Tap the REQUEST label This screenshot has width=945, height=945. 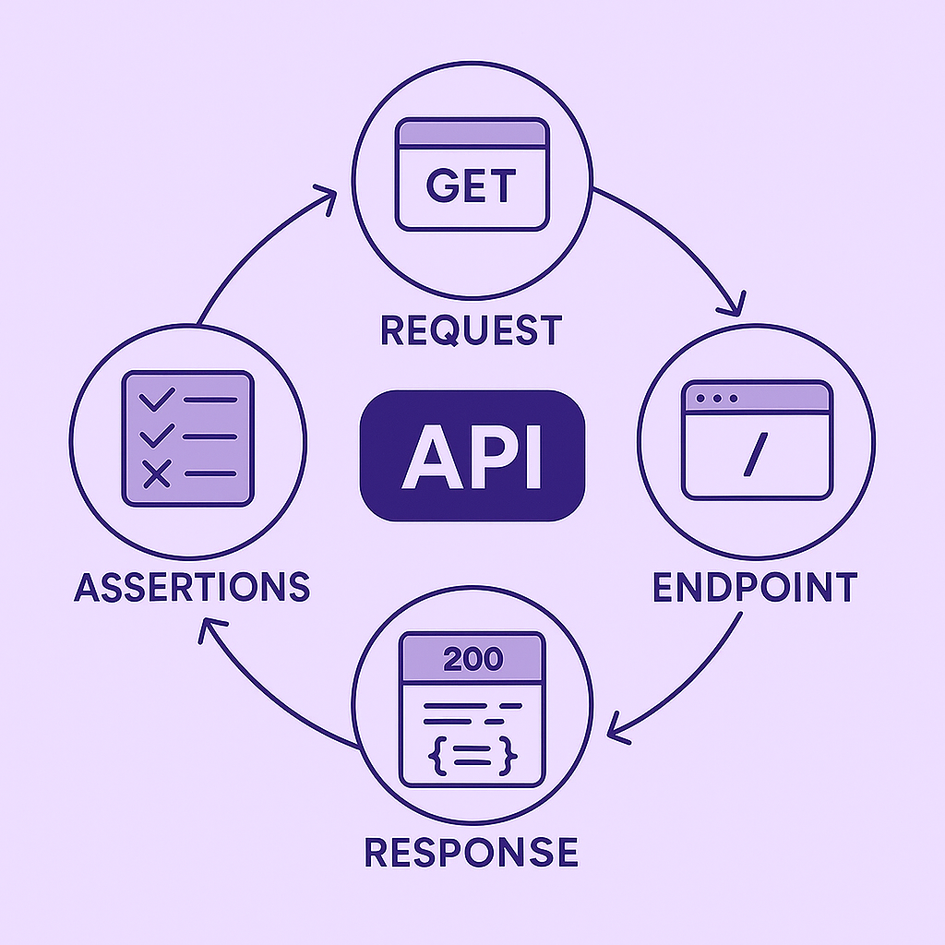(471, 329)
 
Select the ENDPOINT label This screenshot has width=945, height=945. (755, 587)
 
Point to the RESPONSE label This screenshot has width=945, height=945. (471, 850)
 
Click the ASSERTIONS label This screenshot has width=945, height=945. (192, 587)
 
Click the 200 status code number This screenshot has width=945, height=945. (472, 659)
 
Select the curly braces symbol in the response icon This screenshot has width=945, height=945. (472, 756)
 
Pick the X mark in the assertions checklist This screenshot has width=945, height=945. (157, 474)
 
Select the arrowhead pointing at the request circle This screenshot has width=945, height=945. (326, 195)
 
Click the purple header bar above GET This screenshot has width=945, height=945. (471, 132)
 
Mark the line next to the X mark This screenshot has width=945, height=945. (210, 473)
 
